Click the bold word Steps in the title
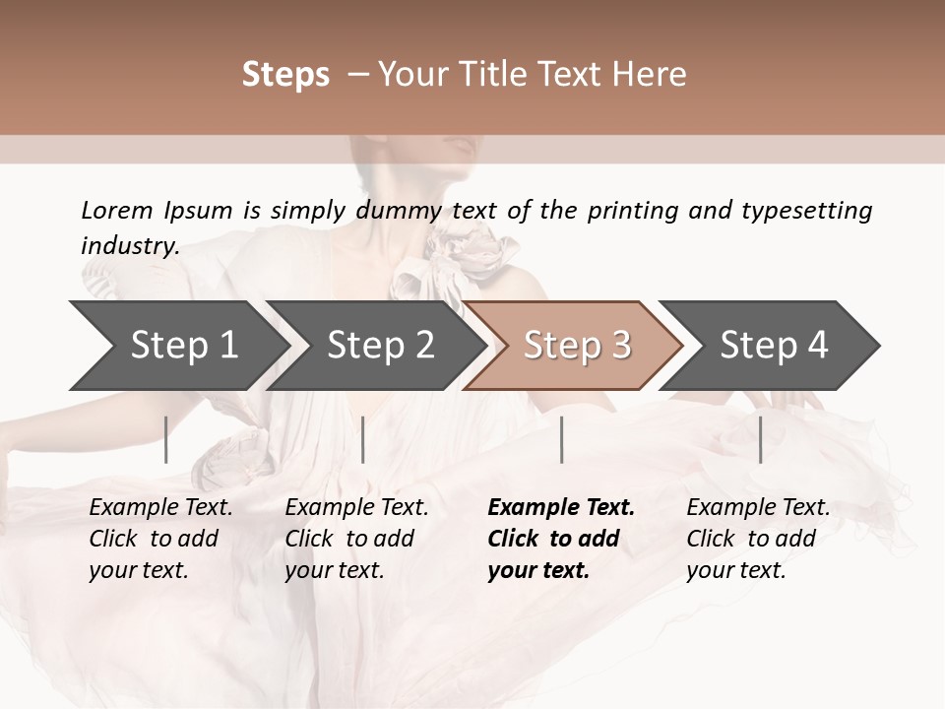[x=285, y=75]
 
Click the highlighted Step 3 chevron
[x=574, y=346]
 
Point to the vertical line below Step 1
[x=166, y=439]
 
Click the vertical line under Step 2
[x=363, y=439]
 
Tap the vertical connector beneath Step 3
[x=561, y=439]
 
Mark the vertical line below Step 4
[x=760, y=439]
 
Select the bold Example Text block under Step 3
[x=560, y=539]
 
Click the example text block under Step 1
[x=160, y=539]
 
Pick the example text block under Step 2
[x=356, y=539]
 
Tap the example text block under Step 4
[x=758, y=539]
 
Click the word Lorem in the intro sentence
[x=117, y=210]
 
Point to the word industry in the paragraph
[x=130, y=246]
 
